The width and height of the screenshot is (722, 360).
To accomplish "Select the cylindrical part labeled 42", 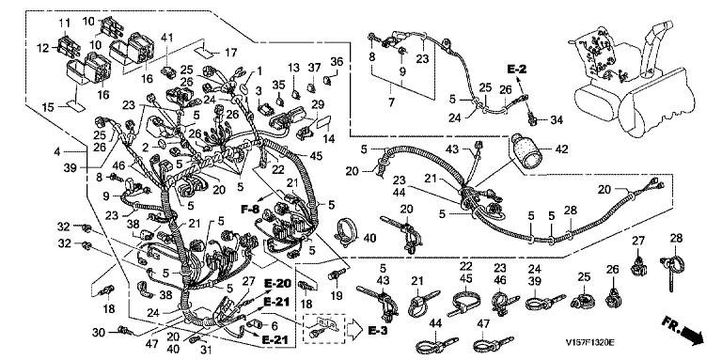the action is [x=526, y=152].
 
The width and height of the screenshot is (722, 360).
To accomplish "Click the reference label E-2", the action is [x=517, y=70].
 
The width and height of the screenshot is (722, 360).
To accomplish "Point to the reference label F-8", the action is [x=251, y=210].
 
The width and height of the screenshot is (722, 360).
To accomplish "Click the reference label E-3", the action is [x=380, y=330].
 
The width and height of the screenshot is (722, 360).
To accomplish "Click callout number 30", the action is [x=99, y=331].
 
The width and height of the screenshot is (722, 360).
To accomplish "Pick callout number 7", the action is [x=391, y=102].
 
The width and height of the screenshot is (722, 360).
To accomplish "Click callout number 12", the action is [x=43, y=47].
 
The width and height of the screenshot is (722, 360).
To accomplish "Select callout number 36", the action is [x=337, y=61].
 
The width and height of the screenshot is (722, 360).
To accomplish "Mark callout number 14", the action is [x=329, y=137].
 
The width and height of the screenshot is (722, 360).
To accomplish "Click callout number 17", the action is [x=231, y=53].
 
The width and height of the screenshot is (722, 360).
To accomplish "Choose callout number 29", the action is [x=317, y=104].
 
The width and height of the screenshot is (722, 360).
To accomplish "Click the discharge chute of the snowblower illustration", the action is [x=654, y=50].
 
